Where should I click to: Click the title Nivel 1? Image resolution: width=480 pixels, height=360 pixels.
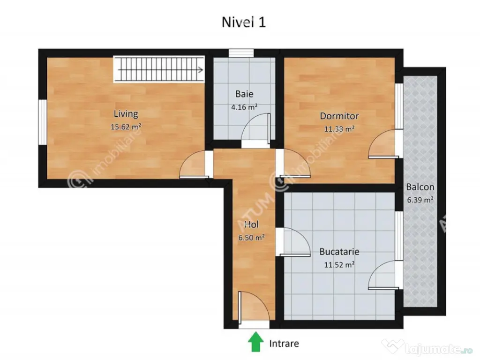243,22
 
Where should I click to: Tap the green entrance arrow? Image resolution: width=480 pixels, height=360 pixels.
255,342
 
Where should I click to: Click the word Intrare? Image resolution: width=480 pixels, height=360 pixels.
284,344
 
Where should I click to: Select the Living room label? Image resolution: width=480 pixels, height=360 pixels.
126,113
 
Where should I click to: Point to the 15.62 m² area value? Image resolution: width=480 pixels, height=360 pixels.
126,127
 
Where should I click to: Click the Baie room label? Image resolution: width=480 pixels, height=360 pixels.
244,94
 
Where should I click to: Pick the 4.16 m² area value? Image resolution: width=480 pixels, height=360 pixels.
244,106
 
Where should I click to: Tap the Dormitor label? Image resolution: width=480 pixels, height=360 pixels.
339,116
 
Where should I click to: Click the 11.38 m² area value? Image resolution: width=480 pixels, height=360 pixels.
339,129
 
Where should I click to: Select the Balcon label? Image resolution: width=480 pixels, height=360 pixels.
420,187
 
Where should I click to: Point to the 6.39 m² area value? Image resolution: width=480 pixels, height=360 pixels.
420,199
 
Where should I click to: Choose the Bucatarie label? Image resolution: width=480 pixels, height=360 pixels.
339,251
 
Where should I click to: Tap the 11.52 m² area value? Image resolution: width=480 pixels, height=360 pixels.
339,264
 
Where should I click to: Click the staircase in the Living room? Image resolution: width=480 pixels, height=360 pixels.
159,70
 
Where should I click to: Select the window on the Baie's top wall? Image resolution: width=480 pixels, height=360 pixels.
241,52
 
